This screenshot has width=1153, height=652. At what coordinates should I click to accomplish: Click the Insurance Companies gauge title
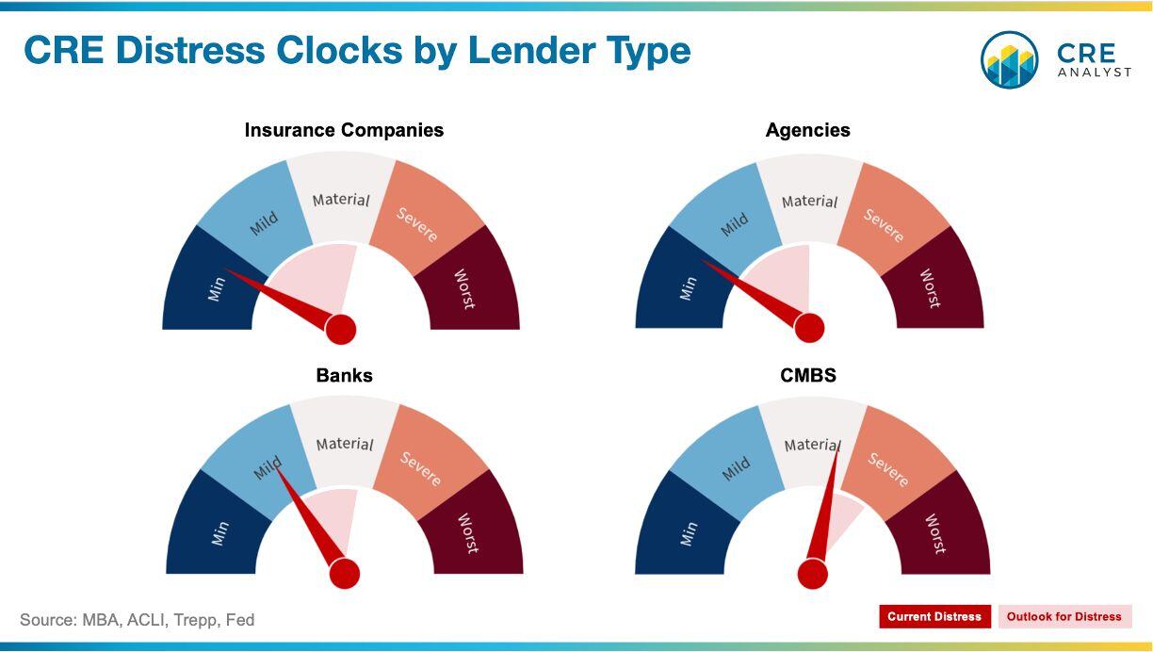pos(344,130)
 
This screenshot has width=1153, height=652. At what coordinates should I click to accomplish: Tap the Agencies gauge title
pos(807,130)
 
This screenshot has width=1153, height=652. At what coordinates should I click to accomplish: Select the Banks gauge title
pos(344,375)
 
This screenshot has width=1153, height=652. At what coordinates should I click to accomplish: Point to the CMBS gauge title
pos(808,375)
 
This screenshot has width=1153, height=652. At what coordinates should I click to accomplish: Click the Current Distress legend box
pos(934,616)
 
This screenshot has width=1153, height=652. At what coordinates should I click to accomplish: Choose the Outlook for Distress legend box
pos(1064,616)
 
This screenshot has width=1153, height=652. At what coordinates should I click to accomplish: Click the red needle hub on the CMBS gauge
pos(812,574)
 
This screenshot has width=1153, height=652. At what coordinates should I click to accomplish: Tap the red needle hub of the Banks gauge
pos(345,573)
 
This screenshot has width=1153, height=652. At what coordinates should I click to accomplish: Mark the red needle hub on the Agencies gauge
pos(809,328)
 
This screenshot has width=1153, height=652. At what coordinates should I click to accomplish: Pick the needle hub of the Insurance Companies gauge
pos(341,329)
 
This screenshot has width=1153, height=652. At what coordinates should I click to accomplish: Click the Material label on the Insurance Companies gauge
pos(341,200)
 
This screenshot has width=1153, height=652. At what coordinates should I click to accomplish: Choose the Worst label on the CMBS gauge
pos(935,534)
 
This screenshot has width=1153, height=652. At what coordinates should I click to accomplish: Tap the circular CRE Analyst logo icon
pos(1009,59)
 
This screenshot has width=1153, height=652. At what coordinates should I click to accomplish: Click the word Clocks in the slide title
pos(339,51)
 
